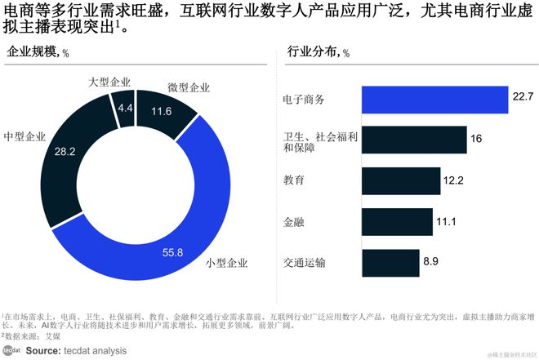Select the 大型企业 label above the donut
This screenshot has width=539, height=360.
pos(109,82)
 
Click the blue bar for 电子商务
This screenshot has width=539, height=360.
pos(432,98)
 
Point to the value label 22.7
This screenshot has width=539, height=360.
pos(523,97)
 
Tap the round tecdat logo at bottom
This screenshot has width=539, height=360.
pos(12,350)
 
